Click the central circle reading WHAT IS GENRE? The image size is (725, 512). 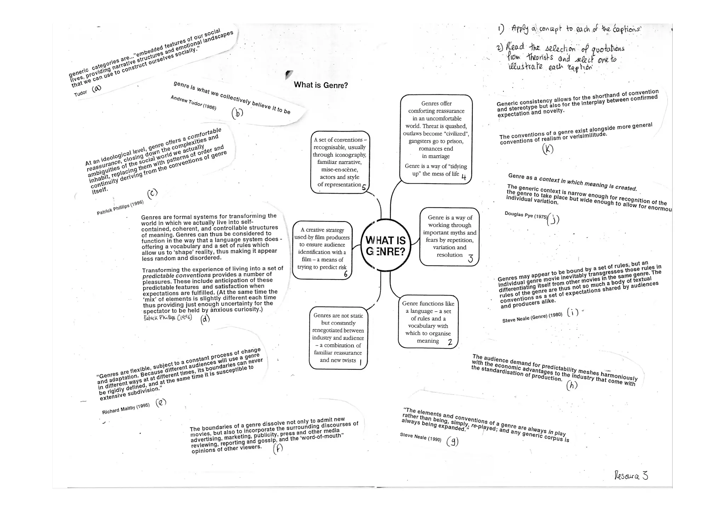385,246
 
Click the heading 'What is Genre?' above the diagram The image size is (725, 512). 321,85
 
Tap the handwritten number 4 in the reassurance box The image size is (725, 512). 464,177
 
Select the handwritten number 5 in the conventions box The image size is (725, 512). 364,188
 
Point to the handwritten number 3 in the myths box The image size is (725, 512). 470,259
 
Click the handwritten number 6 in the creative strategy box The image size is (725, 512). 346,274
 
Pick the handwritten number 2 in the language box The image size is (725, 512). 450,342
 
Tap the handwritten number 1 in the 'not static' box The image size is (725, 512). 360,362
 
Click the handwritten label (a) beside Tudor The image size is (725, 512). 96,88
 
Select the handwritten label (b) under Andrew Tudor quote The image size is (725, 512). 237,113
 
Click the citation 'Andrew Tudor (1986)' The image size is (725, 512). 193,103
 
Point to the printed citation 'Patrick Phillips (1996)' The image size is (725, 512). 120,208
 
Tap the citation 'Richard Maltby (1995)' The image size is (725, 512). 126,409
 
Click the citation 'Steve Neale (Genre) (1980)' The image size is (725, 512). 532,317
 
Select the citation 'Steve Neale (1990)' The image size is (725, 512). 421,437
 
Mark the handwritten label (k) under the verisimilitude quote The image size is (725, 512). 548,149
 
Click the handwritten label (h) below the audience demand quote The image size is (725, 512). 572,385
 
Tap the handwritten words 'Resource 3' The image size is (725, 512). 631,476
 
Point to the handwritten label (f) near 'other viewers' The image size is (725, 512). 278,449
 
